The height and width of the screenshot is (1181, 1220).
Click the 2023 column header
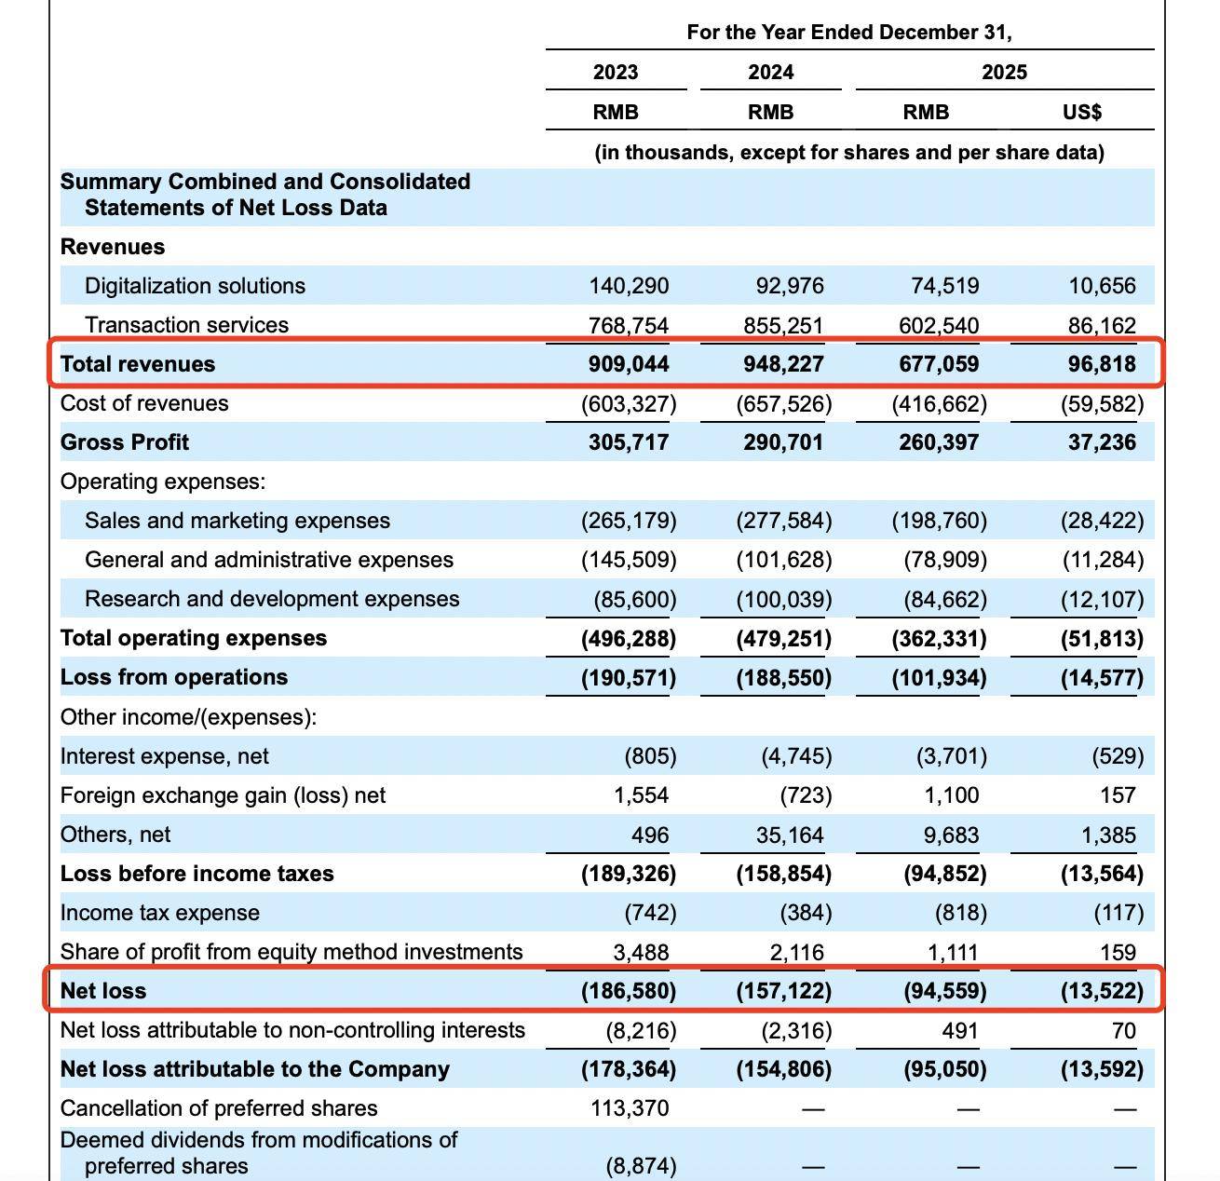point(615,72)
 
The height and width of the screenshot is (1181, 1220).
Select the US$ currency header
point(1081,112)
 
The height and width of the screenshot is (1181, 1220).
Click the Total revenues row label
point(137,364)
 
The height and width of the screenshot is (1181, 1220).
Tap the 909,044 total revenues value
point(629,364)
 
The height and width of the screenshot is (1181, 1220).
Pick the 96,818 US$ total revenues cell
point(1102,364)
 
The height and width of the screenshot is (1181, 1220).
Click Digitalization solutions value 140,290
point(629,286)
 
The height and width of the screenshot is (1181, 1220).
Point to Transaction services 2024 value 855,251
point(783,325)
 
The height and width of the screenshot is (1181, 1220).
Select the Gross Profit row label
point(124,442)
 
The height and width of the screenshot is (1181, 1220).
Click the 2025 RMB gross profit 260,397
point(939,442)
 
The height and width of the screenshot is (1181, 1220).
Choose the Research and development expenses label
point(271,599)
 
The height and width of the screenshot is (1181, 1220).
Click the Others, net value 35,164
point(790,835)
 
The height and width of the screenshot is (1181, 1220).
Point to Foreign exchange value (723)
point(806,795)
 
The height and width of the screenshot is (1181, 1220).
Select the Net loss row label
point(102,991)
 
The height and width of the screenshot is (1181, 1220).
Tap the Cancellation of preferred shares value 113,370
point(630,1108)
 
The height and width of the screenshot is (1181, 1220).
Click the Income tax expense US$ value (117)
point(1118,913)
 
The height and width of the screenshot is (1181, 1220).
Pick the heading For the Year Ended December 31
point(849,33)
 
